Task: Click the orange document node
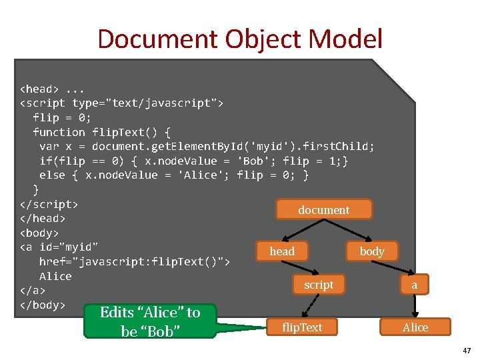pyautogui.click(x=323, y=209)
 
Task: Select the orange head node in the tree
pyautogui.click(x=281, y=251)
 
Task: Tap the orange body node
pyautogui.click(x=371, y=251)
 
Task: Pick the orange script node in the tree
pyautogui.click(x=319, y=285)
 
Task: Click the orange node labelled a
pyautogui.click(x=414, y=285)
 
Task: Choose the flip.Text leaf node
pyautogui.click(x=302, y=327)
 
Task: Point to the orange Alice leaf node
pyautogui.click(x=415, y=327)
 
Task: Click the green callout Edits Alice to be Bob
pyautogui.click(x=150, y=321)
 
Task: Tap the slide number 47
pyautogui.click(x=466, y=350)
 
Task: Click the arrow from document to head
pyautogui.click(x=301, y=230)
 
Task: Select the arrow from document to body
pyautogui.click(x=353, y=230)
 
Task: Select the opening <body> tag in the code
pyautogui.click(x=39, y=233)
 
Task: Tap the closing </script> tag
pyautogui.click(x=49, y=203)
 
